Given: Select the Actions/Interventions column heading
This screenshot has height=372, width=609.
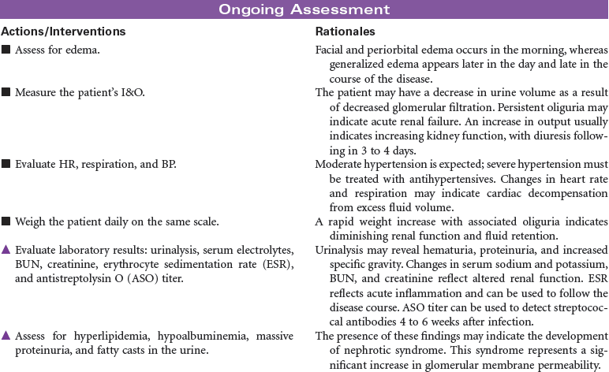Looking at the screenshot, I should (x=63, y=32).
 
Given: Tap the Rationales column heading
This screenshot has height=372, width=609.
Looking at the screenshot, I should (x=345, y=32).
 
